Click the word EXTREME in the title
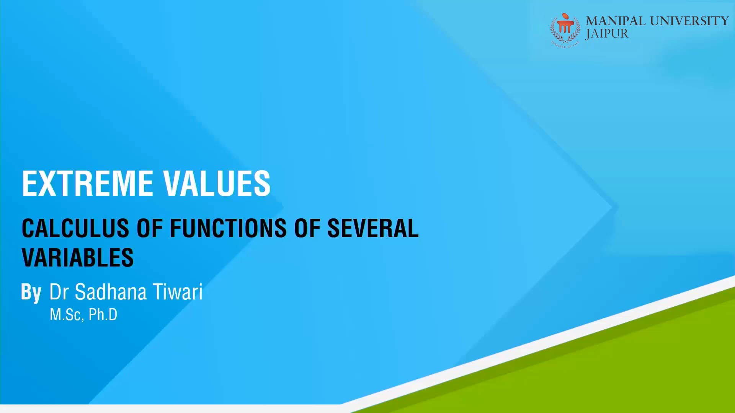pos(87,184)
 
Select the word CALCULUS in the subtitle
pos(75,228)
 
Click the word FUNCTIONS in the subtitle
pos(228,228)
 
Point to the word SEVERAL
pos(373,228)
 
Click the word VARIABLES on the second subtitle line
pos(78,258)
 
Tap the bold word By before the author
pos(31,293)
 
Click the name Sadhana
pos(111,292)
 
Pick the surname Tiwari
pos(178,292)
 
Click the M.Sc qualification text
pos(65,315)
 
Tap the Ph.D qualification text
pos(103,315)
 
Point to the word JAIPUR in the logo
pos(607,34)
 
